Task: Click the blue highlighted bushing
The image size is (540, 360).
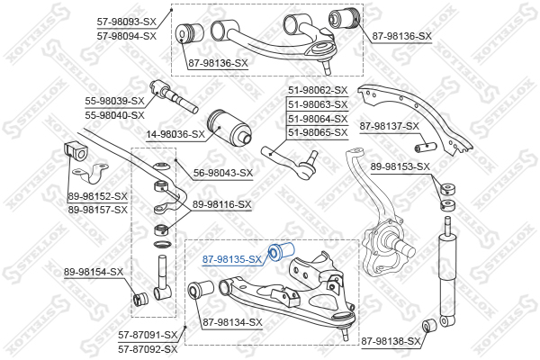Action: point(281,252)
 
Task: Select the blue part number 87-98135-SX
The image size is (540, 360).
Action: point(232,259)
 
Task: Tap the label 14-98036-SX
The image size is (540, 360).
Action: point(175,134)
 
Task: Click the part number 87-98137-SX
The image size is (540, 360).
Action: point(390,126)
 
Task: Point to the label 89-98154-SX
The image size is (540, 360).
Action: point(94,272)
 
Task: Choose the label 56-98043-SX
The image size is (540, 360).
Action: point(223,173)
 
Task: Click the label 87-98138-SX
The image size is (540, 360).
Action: point(391,341)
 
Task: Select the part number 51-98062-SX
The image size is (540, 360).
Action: point(318,90)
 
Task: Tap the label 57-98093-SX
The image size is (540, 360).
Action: point(127,22)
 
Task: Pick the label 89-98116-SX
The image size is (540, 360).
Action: point(222,204)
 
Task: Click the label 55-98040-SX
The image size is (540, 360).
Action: point(114,115)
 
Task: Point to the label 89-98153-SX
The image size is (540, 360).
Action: point(400,166)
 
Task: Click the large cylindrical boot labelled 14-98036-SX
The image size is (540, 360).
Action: point(229,128)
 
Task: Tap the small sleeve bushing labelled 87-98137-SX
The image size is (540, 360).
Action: point(425,147)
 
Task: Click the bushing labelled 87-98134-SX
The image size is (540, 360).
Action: point(201,290)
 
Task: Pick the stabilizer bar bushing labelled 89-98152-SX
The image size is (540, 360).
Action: point(76,153)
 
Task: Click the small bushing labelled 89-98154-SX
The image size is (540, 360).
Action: point(140,298)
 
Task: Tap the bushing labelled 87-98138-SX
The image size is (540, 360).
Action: point(429,326)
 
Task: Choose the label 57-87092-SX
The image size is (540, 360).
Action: point(148,349)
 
